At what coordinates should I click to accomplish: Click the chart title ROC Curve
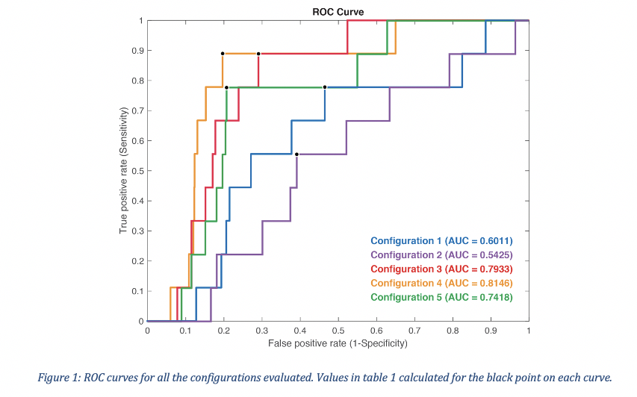(338, 11)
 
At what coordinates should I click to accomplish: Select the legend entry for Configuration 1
(441, 240)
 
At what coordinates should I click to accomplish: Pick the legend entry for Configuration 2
(441, 254)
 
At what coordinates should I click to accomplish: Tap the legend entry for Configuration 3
(441, 269)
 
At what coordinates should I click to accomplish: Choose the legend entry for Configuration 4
(441, 283)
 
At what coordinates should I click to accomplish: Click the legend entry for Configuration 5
(441, 297)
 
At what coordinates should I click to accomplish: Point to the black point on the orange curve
(223, 54)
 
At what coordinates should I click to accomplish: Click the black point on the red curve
(258, 54)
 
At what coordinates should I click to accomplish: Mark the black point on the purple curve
(296, 154)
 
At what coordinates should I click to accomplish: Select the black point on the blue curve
(325, 87)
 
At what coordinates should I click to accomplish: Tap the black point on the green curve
(226, 87)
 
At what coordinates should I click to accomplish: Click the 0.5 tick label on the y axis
(137, 171)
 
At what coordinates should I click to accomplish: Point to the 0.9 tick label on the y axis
(137, 51)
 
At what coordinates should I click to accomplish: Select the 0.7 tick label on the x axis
(414, 329)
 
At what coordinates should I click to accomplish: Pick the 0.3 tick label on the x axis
(262, 329)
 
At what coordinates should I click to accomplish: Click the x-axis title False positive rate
(338, 343)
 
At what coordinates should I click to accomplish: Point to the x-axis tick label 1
(528, 329)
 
